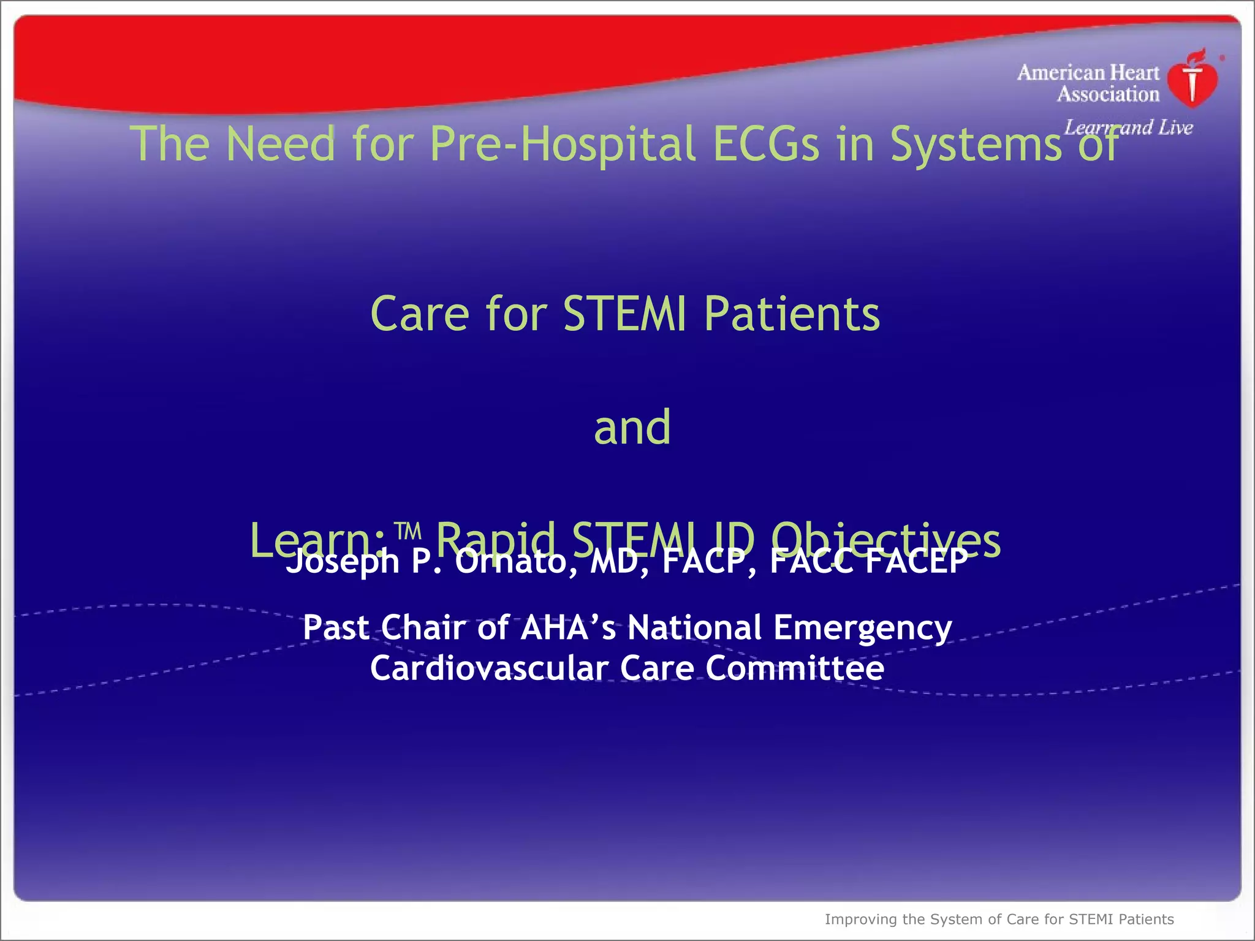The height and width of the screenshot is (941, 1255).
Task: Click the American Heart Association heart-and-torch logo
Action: click(1192, 80)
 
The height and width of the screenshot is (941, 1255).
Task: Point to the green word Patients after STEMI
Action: click(792, 314)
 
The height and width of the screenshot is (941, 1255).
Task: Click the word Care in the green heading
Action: click(420, 314)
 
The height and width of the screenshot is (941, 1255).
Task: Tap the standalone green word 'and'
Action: click(632, 427)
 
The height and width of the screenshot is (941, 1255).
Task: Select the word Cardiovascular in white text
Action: click(489, 668)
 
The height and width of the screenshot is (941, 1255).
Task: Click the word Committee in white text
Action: click(795, 668)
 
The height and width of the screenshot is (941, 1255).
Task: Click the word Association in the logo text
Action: click(1108, 94)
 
